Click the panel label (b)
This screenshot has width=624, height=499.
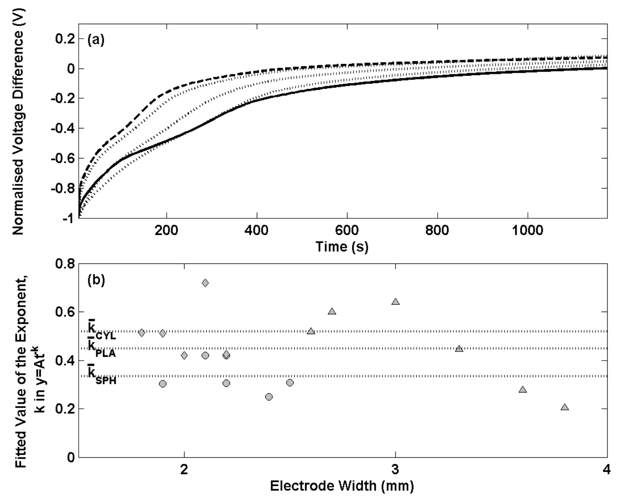coord(96,280)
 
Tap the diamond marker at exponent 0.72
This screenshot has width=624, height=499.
coord(205,283)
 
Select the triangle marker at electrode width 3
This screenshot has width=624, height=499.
coord(395,301)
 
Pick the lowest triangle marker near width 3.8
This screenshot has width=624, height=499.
coord(565,407)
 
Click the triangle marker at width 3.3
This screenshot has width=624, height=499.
coord(459,348)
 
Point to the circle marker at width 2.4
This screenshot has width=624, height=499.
coord(269,397)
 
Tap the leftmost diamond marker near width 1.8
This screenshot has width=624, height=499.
coord(142,332)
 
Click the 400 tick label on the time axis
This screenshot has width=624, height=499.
coord(257,231)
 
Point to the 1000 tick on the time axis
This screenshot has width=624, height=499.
coord(528,231)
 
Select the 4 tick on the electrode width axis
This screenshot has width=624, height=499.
coord(607,470)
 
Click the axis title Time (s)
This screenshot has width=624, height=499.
coord(342,247)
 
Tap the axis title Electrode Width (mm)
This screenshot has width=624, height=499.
coord(342,486)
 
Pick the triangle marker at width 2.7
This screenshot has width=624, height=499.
coord(332,311)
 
